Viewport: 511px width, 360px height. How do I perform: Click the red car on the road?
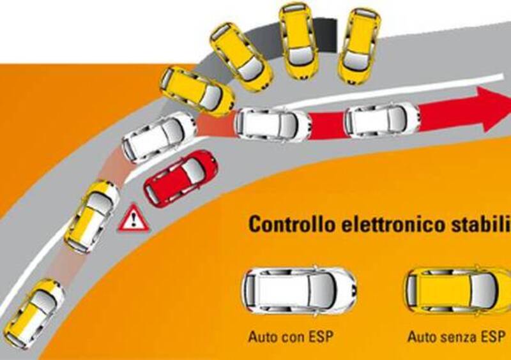point(180,178)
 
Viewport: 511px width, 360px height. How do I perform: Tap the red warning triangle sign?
point(133,218)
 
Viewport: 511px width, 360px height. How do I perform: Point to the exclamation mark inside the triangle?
point(133,220)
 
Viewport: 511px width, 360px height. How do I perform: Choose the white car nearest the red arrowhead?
point(381,119)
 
